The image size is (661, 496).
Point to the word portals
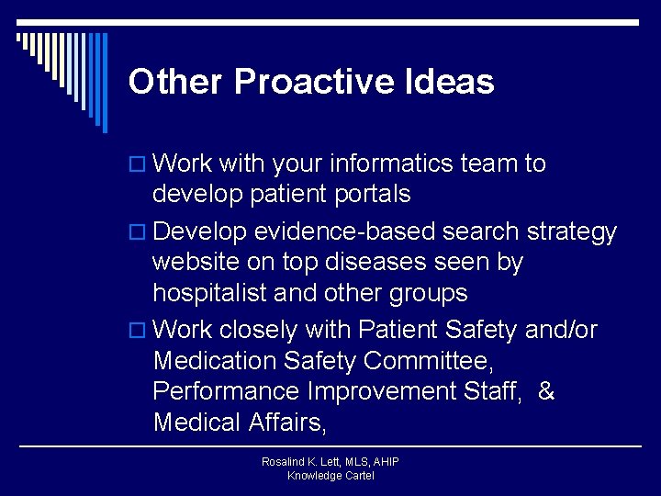click(x=365, y=195)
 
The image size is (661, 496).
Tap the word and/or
click(x=561, y=330)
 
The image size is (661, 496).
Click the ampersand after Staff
click(x=546, y=392)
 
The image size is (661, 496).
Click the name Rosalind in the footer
click(x=284, y=462)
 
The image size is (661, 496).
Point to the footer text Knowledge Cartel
click(x=330, y=476)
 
